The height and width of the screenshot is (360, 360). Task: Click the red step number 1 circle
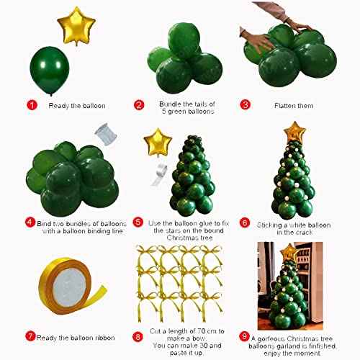(x=31, y=105)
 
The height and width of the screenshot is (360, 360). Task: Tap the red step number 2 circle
(x=139, y=105)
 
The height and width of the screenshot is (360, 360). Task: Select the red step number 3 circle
(x=245, y=105)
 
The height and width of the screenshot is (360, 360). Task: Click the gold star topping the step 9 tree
(x=290, y=252)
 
